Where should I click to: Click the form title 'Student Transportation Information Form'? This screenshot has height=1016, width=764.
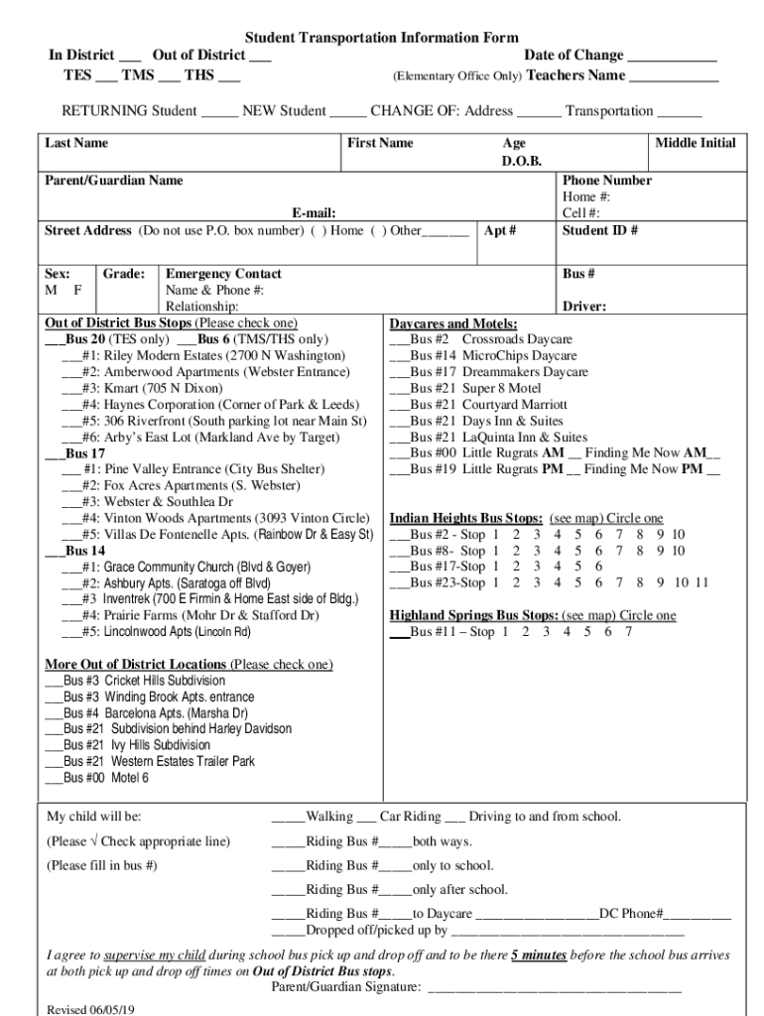[x=382, y=38]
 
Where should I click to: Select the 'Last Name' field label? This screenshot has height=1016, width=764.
[x=76, y=144]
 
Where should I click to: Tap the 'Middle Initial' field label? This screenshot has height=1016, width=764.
[x=696, y=144]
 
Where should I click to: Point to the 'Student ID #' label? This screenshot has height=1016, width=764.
[x=600, y=231]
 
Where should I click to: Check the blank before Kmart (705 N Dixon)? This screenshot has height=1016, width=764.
[x=71, y=388]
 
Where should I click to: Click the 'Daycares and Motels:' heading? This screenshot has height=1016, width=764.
[x=452, y=323]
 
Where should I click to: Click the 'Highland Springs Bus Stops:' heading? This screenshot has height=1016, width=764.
[x=466, y=615]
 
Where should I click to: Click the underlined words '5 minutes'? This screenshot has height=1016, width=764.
[x=539, y=955]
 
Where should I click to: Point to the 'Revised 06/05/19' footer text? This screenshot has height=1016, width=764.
[x=91, y=1009]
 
